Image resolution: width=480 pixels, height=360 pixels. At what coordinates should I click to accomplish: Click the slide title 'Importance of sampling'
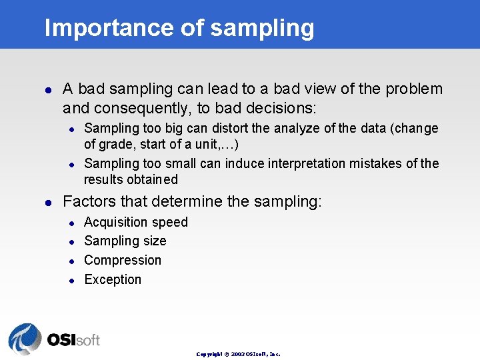coord(179,28)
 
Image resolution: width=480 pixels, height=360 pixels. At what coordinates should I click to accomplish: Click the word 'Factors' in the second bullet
coord(87,201)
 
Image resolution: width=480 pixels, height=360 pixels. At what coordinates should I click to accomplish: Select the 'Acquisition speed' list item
coord(136,222)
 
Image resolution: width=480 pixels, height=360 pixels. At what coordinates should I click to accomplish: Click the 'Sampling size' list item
coord(125,241)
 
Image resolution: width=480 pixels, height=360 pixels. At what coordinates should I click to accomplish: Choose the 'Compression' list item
coord(123,260)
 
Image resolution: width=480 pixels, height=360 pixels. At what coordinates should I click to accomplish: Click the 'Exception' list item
coord(113,279)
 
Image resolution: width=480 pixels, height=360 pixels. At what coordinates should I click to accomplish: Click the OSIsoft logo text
coord(73,340)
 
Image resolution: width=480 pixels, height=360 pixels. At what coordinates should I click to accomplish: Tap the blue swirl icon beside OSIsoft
coord(25,339)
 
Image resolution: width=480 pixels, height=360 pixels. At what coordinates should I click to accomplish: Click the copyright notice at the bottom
coord(238,354)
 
